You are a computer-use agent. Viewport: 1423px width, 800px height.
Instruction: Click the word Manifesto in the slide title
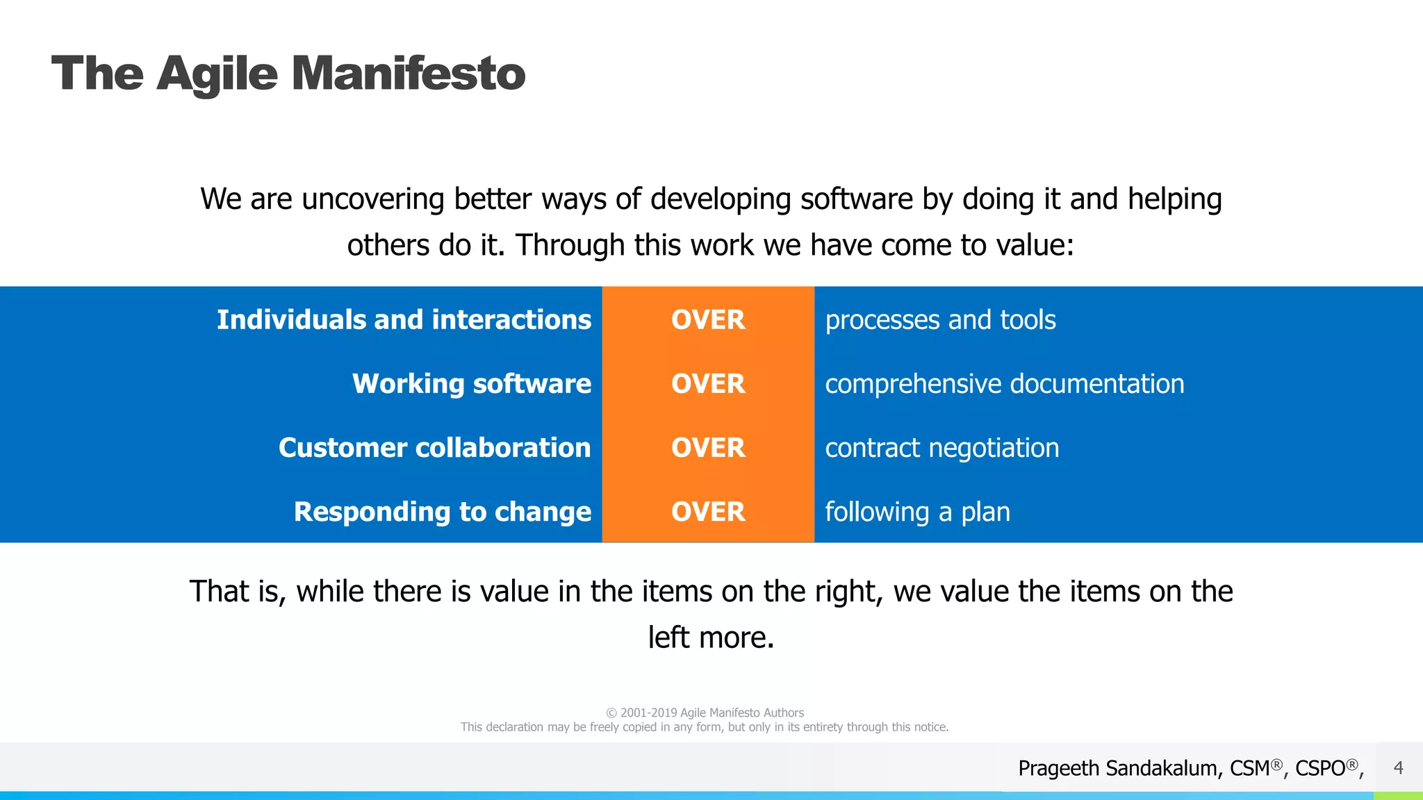408,74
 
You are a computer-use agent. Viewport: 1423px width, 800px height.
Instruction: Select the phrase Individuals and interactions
404,320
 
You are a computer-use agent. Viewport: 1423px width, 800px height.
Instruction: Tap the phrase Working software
471,384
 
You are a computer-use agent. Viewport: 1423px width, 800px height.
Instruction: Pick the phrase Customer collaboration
434,448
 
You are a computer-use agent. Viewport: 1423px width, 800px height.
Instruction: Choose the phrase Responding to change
442,512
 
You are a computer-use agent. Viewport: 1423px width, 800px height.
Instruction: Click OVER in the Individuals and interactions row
707,320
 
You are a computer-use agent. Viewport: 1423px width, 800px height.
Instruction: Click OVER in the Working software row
707,384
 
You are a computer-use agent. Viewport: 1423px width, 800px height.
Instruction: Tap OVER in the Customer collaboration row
707,448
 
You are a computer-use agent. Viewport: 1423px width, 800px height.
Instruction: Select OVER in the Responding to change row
707,512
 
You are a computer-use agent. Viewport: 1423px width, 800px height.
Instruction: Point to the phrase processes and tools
940,320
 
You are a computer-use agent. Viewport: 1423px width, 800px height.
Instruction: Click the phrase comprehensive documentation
1004,384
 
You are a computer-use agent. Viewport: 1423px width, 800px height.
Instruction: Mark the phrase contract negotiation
941,448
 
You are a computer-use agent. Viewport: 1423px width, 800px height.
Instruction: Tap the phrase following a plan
917,512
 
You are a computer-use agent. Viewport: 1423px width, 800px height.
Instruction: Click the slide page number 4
1398,768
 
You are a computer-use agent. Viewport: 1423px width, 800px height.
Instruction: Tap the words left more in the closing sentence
710,637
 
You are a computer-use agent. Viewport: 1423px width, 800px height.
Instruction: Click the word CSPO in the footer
1319,769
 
